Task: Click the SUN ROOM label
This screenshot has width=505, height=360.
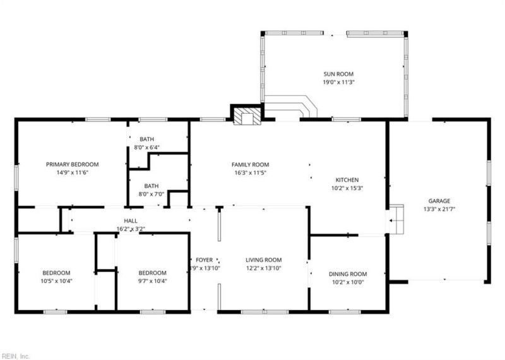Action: click(x=334, y=74)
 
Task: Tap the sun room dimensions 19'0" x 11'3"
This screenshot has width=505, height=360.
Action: click(x=334, y=82)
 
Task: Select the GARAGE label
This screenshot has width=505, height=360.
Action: click(x=439, y=201)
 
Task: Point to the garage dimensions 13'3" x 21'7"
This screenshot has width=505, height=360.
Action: click(x=439, y=209)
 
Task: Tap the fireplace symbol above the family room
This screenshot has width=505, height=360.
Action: click(x=246, y=116)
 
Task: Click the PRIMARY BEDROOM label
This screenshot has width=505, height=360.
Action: click(x=72, y=164)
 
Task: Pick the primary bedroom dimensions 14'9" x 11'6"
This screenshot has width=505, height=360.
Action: click(x=72, y=172)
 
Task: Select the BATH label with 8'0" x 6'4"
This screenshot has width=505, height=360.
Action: click(x=146, y=140)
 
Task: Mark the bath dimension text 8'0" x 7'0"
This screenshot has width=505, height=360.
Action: click(x=151, y=195)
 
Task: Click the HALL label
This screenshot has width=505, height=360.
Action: click(x=131, y=220)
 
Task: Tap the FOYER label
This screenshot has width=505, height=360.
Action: click(x=205, y=260)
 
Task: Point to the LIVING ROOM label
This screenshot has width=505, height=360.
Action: click(x=263, y=260)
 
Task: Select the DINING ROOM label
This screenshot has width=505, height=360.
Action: click(x=348, y=273)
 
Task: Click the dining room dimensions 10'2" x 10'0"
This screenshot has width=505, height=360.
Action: click(x=348, y=282)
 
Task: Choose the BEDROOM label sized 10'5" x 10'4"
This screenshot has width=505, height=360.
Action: click(x=56, y=273)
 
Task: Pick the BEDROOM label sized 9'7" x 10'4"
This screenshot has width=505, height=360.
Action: click(x=152, y=273)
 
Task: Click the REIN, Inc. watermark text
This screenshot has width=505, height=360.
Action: click(x=15, y=356)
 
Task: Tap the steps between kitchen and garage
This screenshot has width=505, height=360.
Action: click(x=395, y=220)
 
